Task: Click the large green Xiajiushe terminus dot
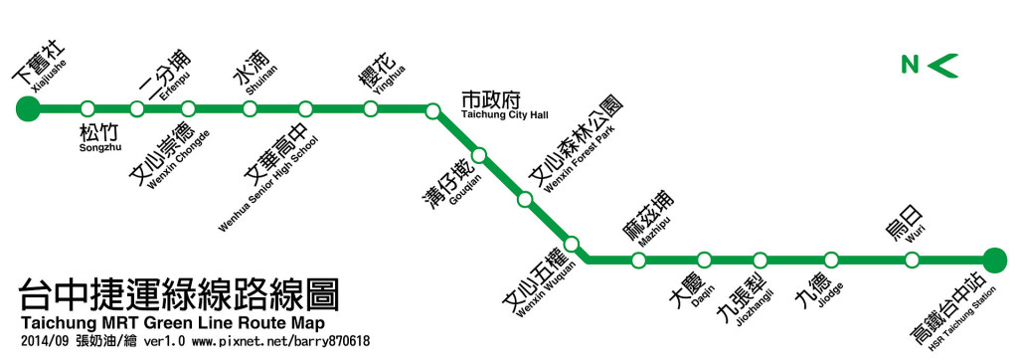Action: click(x=28, y=107)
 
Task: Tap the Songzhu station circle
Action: click(x=87, y=107)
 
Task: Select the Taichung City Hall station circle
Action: click(x=432, y=110)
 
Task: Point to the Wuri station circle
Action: click(x=912, y=261)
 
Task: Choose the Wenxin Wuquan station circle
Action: click(x=572, y=244)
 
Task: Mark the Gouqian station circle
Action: click(x=479, y=155)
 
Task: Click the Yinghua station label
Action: click(x=383, y=73)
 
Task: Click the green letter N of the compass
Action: click(x=909, y=66)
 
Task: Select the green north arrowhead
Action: click(x=943, y=66)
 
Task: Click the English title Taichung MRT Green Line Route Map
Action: click(x=170, y=325)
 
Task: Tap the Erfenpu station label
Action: click(x=165, y=71)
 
